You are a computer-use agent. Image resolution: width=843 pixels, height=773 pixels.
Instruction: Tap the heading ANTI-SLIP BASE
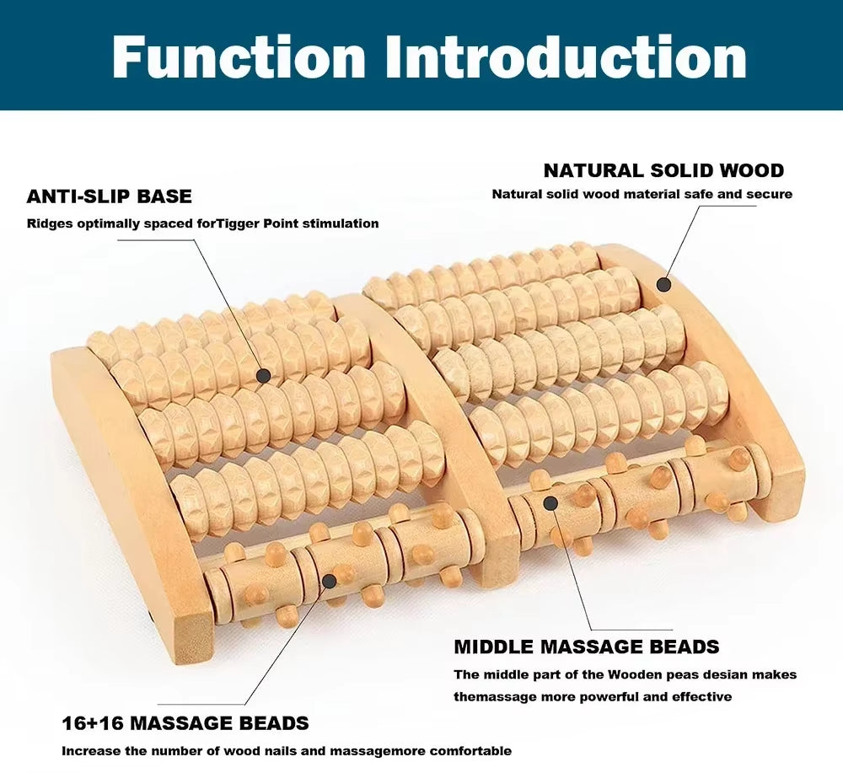tap(110, 196)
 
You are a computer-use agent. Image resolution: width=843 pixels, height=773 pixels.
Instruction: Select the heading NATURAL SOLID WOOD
tap(663, 170)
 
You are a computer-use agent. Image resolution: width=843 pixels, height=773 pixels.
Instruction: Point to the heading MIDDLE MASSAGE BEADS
tap(587, 647)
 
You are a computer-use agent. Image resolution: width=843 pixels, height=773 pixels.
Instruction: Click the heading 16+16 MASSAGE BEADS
tap(185, 723)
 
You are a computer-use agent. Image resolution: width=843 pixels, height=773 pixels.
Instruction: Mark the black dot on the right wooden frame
tap(663, 284)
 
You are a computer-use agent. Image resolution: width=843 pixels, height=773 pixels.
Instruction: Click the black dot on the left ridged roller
tap(264, 375)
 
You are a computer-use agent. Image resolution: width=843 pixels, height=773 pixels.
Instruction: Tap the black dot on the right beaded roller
tap(550, 503)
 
